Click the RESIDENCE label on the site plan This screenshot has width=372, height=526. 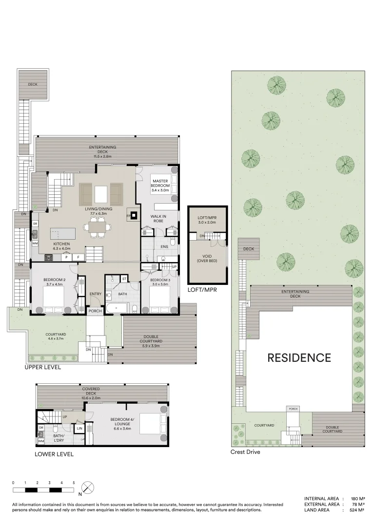(299, 358)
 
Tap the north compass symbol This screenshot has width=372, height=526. (88, 488)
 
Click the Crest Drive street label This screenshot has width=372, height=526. (245, 452)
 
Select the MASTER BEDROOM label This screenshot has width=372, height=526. (160, 186)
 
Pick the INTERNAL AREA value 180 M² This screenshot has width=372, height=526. (358, 499)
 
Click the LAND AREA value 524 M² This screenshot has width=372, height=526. (358, 510)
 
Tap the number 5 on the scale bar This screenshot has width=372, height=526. (74, 482)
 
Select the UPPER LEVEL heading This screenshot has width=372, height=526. (43, 367)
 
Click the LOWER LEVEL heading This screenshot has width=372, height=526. (54, 454)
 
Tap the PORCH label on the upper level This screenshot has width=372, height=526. (95, 311)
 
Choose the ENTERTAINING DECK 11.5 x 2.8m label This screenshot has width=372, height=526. (102, 151)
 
